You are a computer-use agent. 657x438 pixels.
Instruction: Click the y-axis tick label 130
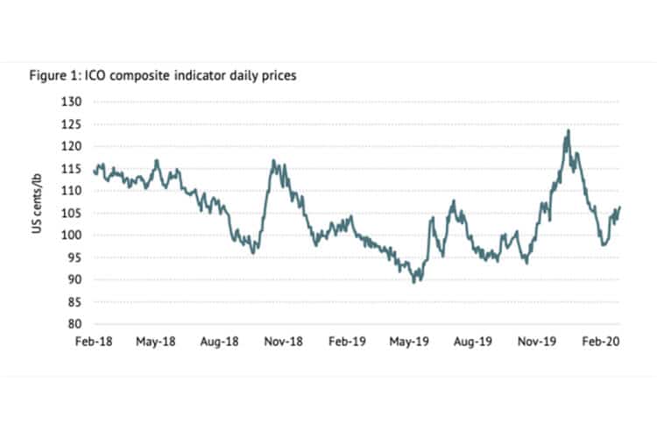tap(72, 102)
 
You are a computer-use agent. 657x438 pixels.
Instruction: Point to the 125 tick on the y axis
tap(72, 124)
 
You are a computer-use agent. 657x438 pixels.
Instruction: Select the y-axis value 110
tap(72, 191)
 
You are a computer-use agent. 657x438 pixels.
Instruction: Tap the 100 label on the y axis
tap(72, 236)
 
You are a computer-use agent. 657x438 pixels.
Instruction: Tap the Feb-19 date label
tap(348, 340)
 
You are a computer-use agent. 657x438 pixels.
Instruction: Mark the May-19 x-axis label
tap(410, 340)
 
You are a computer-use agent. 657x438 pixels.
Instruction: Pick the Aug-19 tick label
tap(474, 340)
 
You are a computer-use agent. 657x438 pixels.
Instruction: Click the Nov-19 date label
tap(537, 340)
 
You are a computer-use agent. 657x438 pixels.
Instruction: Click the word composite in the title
tap(148, 76)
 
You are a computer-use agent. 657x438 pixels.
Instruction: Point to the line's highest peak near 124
tap(569, 131)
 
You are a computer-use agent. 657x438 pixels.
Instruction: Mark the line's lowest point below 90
tap(414, 282)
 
